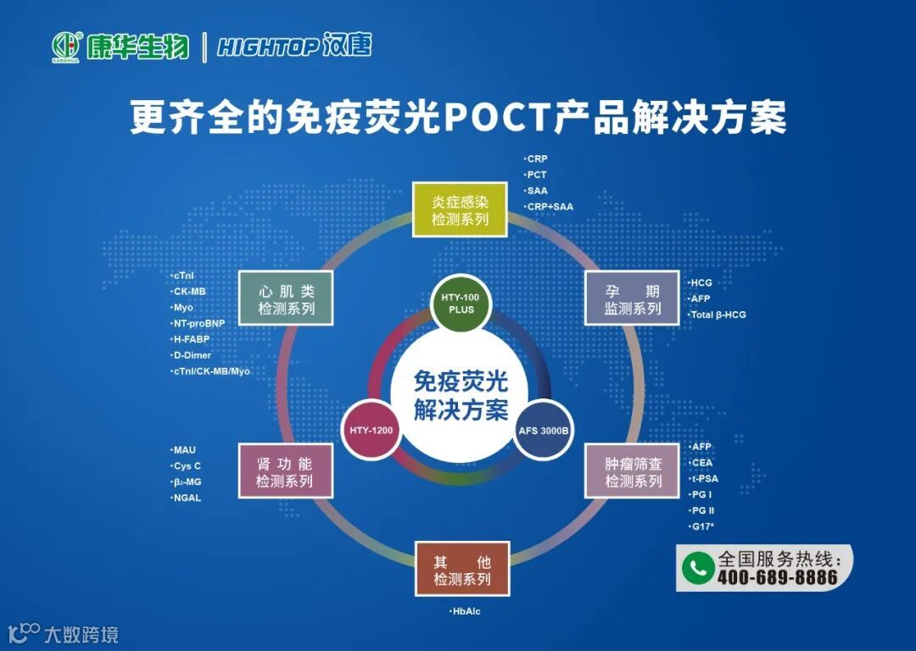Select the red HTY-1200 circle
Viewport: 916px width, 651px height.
[x=371, y=430]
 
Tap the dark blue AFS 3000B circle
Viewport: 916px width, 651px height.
[x=544, y=430]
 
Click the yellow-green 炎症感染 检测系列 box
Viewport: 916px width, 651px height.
[x=460, y=209]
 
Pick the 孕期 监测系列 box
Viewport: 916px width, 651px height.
[x=632, y=299]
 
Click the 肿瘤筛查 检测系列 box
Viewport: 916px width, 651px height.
[x=633, y=471]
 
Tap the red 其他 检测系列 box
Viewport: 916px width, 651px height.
[x=462, y=569]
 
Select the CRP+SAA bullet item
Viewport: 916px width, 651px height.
[x=550, y=206]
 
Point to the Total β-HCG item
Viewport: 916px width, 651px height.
[x=718, y=314]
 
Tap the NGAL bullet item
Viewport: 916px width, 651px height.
[x=187, y=498]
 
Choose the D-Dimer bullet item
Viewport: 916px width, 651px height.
[x=193, y=355]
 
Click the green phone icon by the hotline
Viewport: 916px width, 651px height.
[x=698, y=567]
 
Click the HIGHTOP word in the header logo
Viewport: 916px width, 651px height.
[x=266, y=46]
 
